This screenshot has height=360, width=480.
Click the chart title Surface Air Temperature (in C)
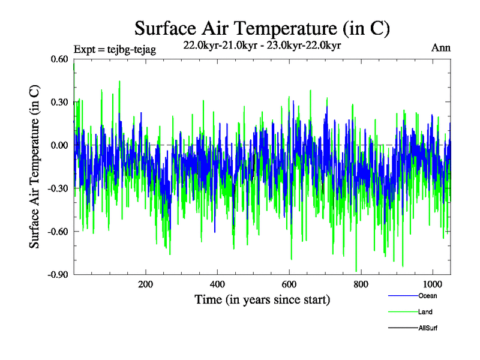(x=262, y=28)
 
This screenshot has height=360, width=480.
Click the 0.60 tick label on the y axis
(x=59, y=59)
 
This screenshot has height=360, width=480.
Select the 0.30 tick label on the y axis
(x=59, y=102)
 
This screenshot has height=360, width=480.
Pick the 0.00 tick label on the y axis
(x=59, y=145)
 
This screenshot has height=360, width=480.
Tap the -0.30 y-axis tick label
(x=58, y=188)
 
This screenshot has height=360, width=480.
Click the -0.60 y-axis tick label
(x=58, y=232)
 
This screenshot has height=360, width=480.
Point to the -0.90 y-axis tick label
(x=58, y=275)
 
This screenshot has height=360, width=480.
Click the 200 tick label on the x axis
(x=146, y=284)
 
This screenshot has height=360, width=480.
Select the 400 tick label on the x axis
(x=217, y=284)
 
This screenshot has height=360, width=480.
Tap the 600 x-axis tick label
(x=289, y=284)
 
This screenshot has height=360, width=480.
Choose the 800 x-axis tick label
(x=361, y=284)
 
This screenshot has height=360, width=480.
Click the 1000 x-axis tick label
(x=433, y=284)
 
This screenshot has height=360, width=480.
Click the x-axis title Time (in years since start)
(x=262, y=299)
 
